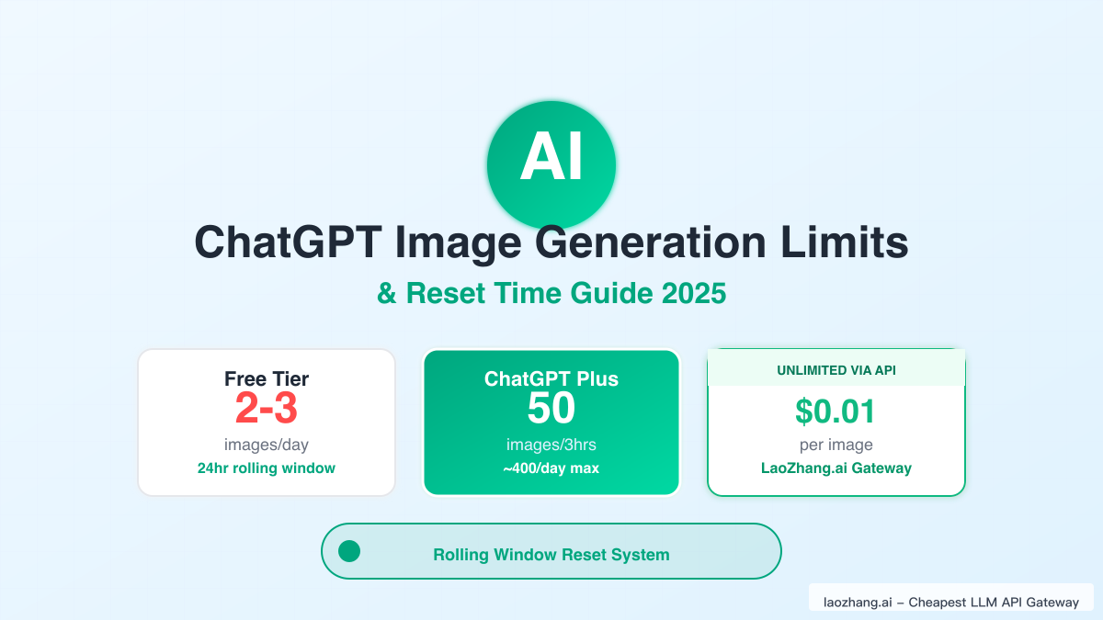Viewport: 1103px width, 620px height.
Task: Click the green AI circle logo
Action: (x=551, y=165)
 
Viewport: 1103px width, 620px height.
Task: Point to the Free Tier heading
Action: (x=267, y=378)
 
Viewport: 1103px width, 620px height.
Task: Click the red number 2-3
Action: (x=267, y=410)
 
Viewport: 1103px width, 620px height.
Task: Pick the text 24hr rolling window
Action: (x=267, y=468)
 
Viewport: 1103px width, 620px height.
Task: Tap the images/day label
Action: (x=267, y=445)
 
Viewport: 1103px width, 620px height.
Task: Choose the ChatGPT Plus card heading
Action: (x=551, y=378)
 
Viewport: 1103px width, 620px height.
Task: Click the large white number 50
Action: (x=551, y=410)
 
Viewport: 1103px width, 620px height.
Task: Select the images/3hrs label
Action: (x=551, y=445)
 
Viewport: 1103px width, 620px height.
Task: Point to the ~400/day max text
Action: (x=551, y=469)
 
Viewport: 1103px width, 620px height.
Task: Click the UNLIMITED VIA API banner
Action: (x=836, y=369)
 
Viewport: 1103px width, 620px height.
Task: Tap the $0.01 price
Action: (x=836, y=411)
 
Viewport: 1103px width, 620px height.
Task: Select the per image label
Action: (x=836, y=445)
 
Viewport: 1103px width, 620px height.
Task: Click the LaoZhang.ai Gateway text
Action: (x=836, y=468)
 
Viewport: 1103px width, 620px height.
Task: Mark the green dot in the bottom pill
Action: (x=349, y=551)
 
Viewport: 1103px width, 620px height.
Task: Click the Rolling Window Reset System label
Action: (x=551, y=555)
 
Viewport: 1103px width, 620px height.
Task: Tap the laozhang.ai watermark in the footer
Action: (x=950, y=603)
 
